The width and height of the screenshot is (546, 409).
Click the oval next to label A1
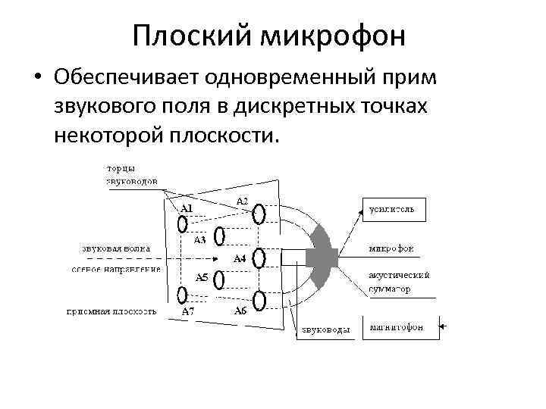coord(182,223)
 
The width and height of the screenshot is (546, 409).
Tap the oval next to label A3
coord(219,237)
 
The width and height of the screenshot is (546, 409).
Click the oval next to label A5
coord(219,280)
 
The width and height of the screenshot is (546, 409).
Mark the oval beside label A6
coord(259,301)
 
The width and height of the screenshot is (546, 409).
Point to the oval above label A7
coord(182,295)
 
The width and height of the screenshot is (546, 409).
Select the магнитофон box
coord(402,327)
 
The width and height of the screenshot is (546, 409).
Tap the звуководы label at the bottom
coord(325,329)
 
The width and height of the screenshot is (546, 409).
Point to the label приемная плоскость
coord(111,311)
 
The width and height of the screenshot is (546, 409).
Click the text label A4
coord(239,258)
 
